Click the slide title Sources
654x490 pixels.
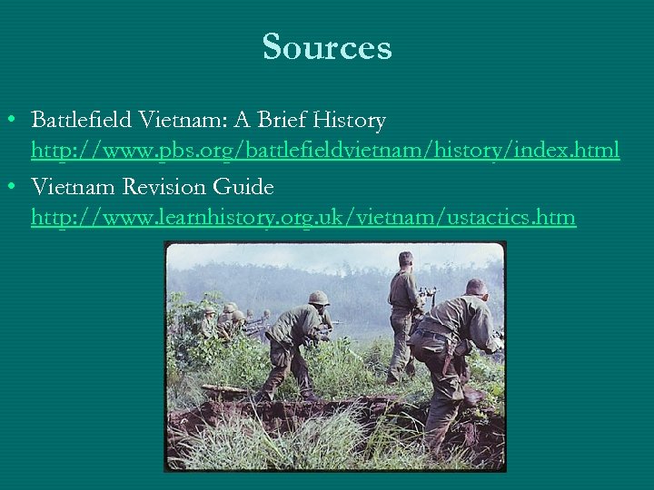pos(327,47)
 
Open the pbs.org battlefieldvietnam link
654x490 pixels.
pos(325,150)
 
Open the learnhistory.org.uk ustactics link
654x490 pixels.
pos(303,218)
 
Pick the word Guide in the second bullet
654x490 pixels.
pos(243,187)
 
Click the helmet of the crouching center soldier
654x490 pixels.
pos(319,298)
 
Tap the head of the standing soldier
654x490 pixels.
pos(405,260)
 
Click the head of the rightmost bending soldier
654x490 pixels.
pos(476,288)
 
